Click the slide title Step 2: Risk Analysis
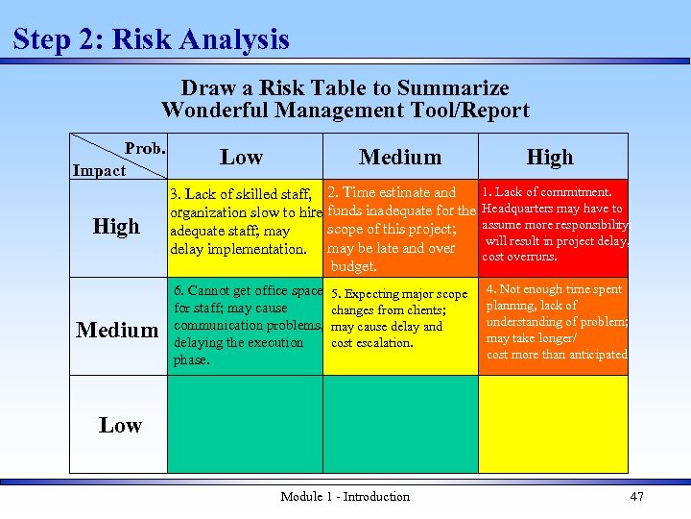click(x=152, y=39)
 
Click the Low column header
click(x=241, y=157)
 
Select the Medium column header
click(x=400, y=157)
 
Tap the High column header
click(x=550, y=157)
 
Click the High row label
click(x=116, y=227)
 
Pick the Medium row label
click(x=117, y=331)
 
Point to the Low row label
click(x=120, y=425)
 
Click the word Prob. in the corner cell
click(x=146, y=148)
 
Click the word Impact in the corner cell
click(x=99, y=170)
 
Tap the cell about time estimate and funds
click(x=400, y=229)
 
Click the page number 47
click(x=636, y=496)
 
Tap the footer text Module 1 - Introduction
click(x=345, y=496)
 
